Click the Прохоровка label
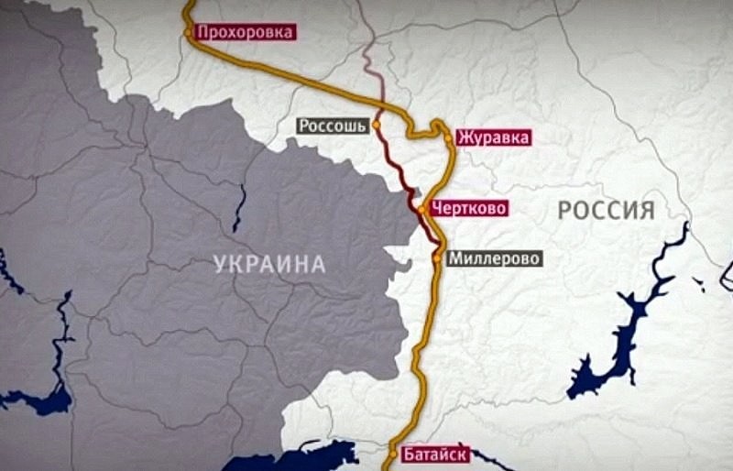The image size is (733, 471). coord(246,32)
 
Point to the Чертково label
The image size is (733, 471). coord(468,209)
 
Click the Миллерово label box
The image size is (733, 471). coord(495,258)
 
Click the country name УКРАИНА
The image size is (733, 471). coord(270,265)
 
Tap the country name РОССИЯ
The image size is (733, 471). coord(607,211)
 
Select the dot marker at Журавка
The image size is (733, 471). coord(448,138)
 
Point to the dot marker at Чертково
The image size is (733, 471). coord(421,210)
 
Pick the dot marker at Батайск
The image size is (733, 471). coord(395,453)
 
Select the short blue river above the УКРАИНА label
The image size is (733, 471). coord(239,206)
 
